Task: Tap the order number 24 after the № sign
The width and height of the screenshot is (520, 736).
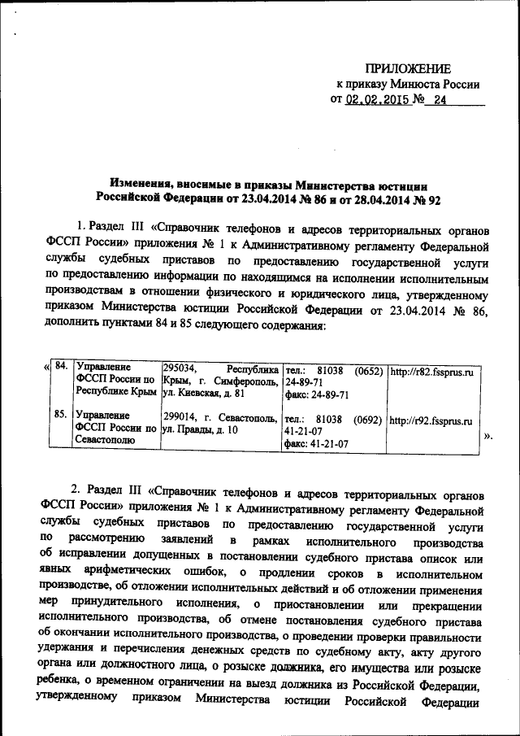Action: [x=440, y=100]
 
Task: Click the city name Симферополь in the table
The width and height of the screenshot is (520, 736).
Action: [x=246, y=382]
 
